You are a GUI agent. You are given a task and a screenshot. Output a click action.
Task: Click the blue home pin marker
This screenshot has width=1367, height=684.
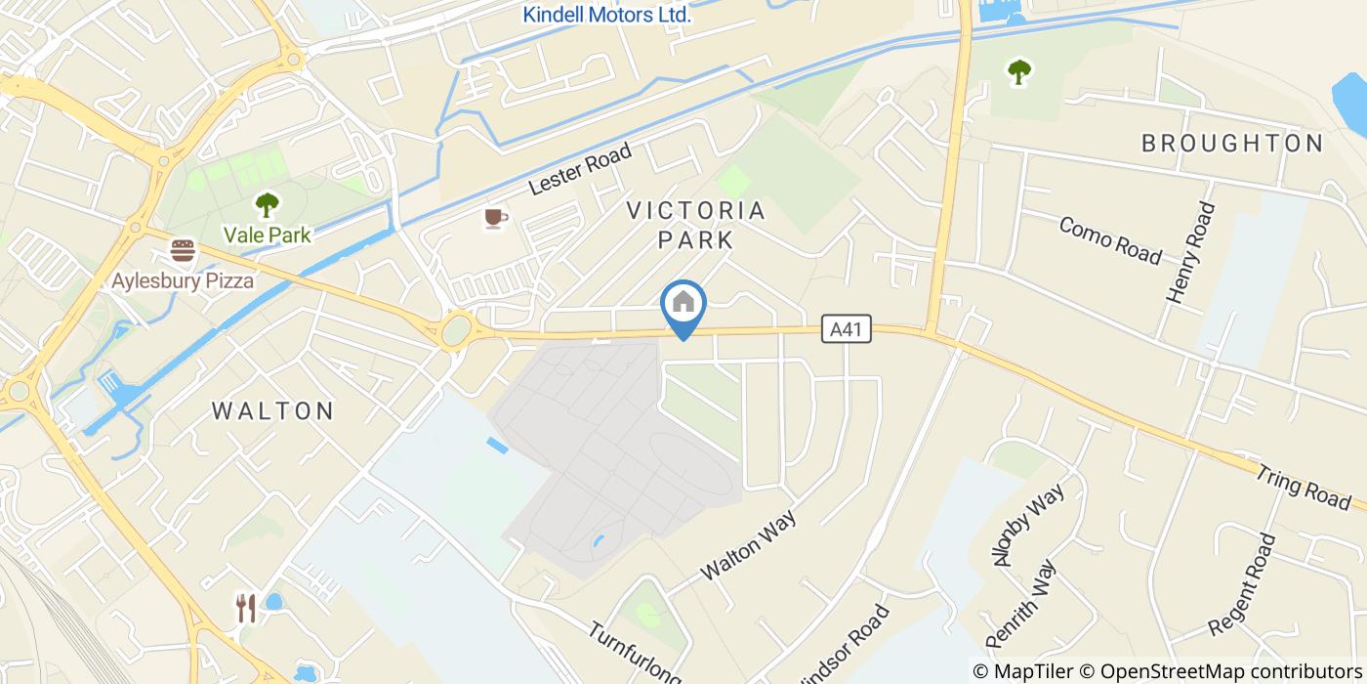click(x=683, y=305)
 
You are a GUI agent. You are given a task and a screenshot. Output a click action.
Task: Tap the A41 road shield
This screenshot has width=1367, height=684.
click(x=846, y=329)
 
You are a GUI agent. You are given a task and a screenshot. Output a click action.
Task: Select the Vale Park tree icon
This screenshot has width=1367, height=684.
click(x=266, y=205)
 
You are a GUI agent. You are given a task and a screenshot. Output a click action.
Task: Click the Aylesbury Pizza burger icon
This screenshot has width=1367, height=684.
click(x=183, y=251)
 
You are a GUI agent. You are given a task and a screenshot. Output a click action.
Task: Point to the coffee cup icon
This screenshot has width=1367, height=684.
click(x=495, y=217)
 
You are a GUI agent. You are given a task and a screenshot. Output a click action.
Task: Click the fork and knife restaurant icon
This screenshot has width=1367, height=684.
click(x=246, y=608)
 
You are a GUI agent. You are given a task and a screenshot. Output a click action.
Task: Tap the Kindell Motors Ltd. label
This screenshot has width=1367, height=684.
click(x=606, y=15)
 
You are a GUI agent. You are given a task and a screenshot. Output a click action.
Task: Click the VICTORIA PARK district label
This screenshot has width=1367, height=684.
click(x=695, y=225)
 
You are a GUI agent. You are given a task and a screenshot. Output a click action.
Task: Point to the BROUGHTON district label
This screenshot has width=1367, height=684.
click(x=1232, y=143)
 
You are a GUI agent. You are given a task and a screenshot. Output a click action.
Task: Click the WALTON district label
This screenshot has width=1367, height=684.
click(x=273, y=410)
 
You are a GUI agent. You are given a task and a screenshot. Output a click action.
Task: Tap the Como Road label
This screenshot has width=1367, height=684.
click(x=1110, y=240)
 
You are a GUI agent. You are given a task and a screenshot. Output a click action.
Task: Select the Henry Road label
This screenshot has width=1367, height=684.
click(x=1192, y=252)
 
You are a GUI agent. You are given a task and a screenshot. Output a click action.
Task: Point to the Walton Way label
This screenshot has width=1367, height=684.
click(x=748, y=544)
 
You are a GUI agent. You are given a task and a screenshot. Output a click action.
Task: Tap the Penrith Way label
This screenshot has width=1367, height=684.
click(x=1021, y=603)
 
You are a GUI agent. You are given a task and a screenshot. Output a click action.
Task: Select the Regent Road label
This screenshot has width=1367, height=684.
click(x=1243, y=583)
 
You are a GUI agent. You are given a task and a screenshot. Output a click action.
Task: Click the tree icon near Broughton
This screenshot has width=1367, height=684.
click(x=1019, y=70)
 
